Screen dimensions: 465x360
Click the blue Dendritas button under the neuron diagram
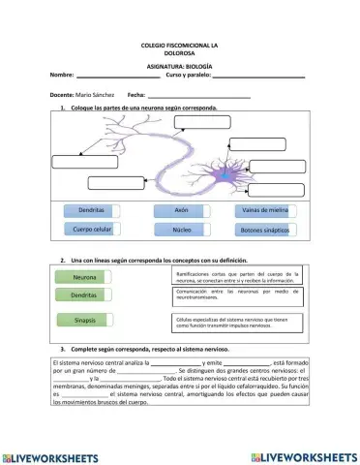92,209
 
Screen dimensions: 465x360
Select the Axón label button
181,209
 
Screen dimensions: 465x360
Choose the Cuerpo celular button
92,230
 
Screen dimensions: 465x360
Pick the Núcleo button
181,231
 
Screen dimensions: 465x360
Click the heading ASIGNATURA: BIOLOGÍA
179,65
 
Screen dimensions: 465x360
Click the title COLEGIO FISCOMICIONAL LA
179,46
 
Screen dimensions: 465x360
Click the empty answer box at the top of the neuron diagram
203,121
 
